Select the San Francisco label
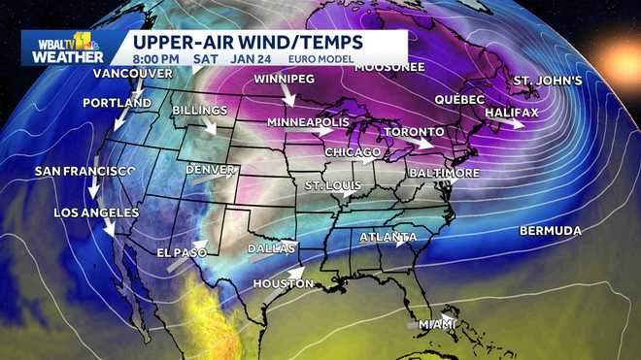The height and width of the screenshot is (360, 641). coord(85,171)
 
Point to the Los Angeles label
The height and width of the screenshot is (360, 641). coord(91,213)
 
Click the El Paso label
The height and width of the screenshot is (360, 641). coord(183,252)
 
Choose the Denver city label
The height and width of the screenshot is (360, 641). coord(210,170)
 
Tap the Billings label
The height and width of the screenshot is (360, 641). coord(200,111)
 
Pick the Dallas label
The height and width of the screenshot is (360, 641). coord(269,248)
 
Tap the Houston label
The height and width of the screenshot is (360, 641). coord(283,283)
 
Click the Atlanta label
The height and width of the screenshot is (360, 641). coord(388,238)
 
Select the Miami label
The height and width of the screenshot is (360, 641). coord(437,324)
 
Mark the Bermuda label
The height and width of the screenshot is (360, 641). coord(551,231)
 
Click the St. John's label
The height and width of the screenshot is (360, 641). coord(548,80)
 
